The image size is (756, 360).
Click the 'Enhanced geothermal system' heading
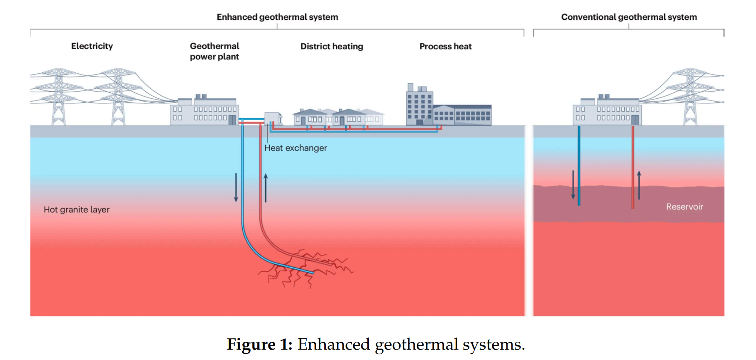277,17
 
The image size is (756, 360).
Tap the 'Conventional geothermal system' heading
629,17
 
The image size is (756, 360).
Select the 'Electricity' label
92,46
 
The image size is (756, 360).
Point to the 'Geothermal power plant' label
214,51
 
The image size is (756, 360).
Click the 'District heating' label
331,47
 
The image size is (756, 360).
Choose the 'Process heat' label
445,47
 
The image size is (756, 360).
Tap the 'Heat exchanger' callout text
295,148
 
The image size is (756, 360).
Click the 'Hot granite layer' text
77,210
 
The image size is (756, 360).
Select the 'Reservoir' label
684,207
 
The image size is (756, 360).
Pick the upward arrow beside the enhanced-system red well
266,188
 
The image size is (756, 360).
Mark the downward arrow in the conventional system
573,185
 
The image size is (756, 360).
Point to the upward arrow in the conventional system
639,185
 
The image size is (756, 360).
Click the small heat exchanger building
272,118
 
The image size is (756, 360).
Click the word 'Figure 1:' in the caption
260,345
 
